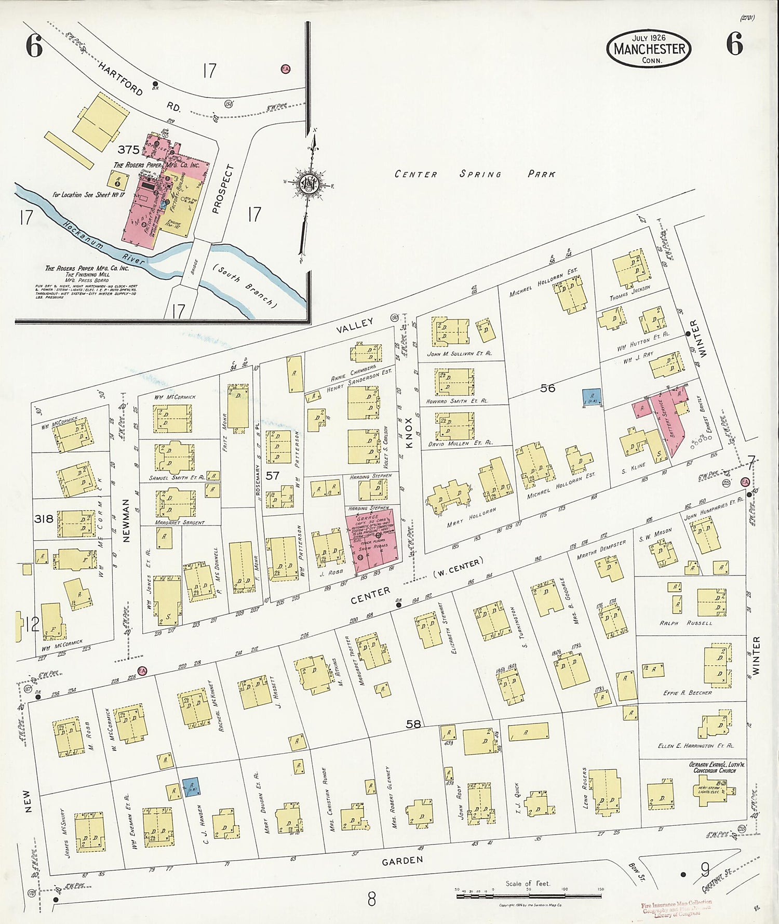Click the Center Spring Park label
coord(475,174)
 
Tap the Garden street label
coord(402,861)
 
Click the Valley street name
coord(355,326)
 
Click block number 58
coord(413,724)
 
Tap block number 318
coord(44,518)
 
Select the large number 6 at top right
coord(734,44)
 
